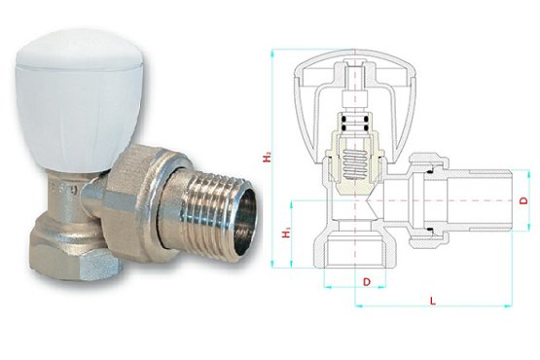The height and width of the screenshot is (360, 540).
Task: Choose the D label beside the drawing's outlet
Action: pyautogui.click(x=525, y=200)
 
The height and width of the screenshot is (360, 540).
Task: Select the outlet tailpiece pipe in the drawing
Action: pyautogui.click(x=477, y=200)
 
